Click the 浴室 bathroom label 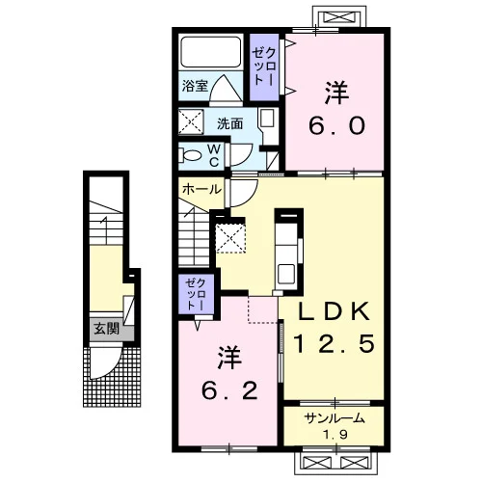(x=195, y=86)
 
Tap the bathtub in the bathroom (x=211, y=52)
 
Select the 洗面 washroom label (x=229, y=123)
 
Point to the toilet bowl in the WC (x=190, y=155)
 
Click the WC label (x=214, y=155)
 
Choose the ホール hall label (x=201, y=189)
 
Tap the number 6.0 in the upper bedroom (x=336, y=125)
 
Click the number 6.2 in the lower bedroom (x=229, y=390)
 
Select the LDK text (x=335, y=311)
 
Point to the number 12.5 (x=335, y=343)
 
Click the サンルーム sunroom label (x=335, y=418)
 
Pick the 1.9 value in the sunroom (x=335, y=435)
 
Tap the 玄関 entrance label (x=106, y=329)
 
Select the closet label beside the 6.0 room (x=264, y=67)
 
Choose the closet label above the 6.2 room (x=196, y=294)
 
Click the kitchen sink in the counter (x=286, y=274)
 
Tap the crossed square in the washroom (x=191, y=121)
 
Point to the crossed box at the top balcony (x=338, y=17)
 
